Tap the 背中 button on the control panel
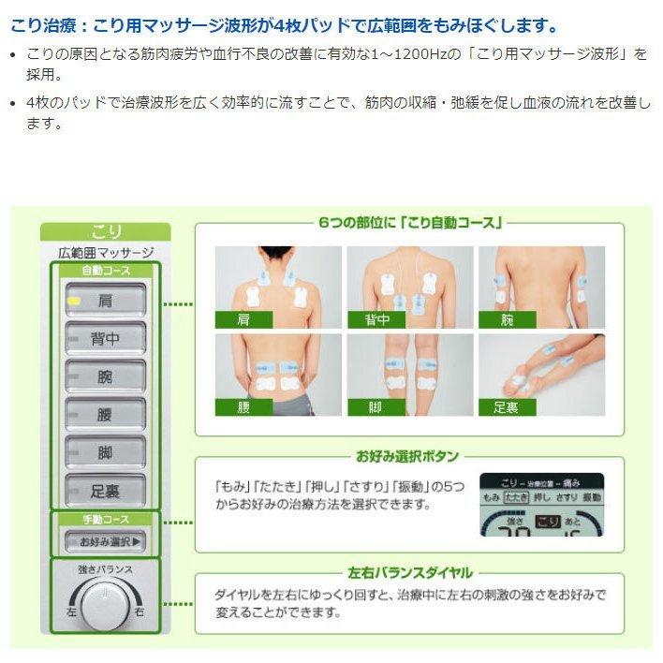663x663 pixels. pos(105,339)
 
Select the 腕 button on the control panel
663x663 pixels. pos(105,376)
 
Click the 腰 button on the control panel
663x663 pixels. pos(105,415)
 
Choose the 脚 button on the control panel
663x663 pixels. pos(105,452)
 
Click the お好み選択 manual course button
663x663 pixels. pos(105,541)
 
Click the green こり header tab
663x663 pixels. pos(105,231)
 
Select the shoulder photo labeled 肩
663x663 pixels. pos(276,287)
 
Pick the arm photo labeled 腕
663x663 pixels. pos(541,287)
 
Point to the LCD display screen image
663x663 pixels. pos(541,505)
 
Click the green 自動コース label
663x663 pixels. pos(105,271)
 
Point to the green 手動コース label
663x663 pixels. pos(105,519)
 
